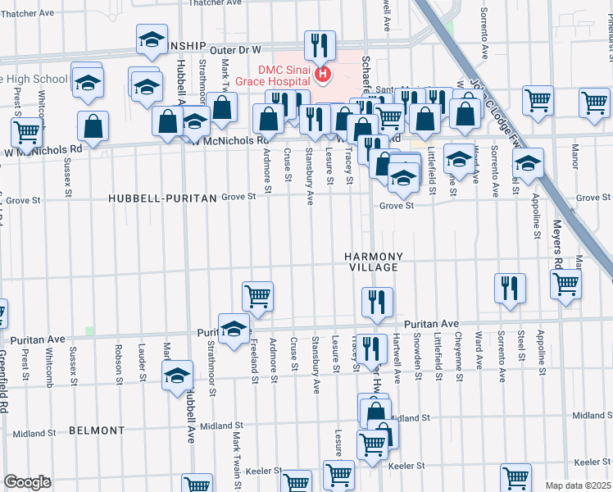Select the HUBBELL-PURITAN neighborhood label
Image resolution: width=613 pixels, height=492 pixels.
click(x=163, y=198)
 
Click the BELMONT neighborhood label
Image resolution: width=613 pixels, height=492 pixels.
click(x=96, y=430)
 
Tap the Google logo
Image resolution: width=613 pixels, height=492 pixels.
click(x=28, y=482)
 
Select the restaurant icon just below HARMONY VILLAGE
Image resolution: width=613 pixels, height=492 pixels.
click(x=377, y=301)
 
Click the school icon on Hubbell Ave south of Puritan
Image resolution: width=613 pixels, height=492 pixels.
click(x=176, y=377)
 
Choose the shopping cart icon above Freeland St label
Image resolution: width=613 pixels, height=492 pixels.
click(x=257, y=296)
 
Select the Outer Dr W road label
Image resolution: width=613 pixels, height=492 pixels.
click(x=234, y=50)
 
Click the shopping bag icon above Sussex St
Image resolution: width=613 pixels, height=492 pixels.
click(x=93, y=125)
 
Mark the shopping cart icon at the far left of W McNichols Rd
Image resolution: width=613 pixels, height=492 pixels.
click(x=26, y=131)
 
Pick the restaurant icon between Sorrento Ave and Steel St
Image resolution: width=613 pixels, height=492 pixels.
click(x=510, y=288)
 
